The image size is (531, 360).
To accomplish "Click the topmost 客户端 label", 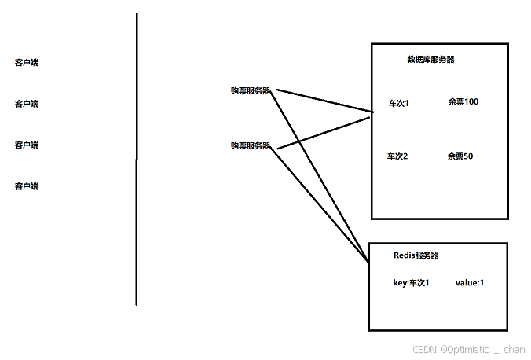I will pos(27,62).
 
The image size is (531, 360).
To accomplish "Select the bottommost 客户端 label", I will pos(27,186).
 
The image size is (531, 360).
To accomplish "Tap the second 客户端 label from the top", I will pos(27,104).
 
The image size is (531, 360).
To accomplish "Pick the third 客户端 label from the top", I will pos(27,145).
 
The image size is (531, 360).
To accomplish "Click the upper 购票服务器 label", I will pos(251,91).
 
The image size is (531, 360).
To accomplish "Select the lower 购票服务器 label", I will pos(251,146).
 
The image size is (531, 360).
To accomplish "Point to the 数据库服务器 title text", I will pos(430,60).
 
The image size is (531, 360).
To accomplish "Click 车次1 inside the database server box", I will pos(398,103).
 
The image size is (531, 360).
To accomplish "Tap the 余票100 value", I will pos(463,102).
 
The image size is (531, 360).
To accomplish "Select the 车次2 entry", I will pos(397,156).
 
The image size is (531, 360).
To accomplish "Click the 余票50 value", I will pos(460,156).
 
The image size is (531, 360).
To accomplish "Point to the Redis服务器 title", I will pos(416,256).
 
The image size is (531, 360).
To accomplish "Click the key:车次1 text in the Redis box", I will pos(411,283).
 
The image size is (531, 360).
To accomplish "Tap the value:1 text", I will pos(470,283).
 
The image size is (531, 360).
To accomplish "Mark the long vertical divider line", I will pos(137,157).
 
